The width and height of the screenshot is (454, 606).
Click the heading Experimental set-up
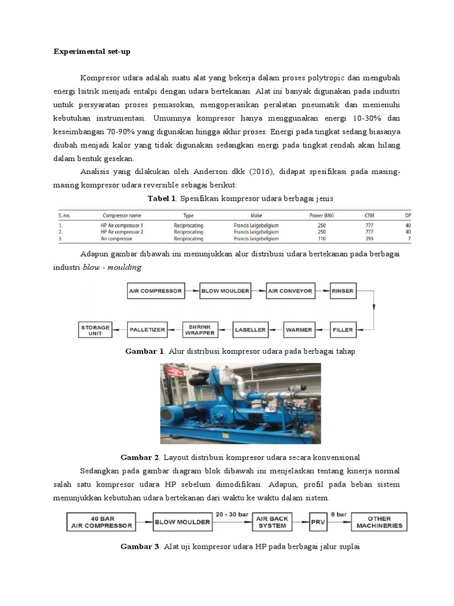pos(92,51)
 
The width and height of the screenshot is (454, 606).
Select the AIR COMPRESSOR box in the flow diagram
pos(155,291)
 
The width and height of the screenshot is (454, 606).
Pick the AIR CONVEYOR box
pos(289,291)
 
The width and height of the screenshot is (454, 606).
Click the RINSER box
pos(342,291)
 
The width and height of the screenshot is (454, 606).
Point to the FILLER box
pos(342,328)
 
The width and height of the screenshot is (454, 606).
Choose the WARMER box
pos(299,328)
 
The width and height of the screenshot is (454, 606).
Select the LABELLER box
pos(251,328)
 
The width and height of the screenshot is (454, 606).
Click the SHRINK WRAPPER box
pos(200,328)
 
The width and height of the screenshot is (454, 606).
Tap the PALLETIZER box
pos(147,328)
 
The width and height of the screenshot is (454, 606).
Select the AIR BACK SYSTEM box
pos(272,522)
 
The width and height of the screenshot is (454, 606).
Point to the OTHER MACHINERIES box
pos(378,522)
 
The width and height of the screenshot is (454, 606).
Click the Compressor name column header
pos(122,216)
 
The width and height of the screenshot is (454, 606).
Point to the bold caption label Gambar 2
pos(140,457)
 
